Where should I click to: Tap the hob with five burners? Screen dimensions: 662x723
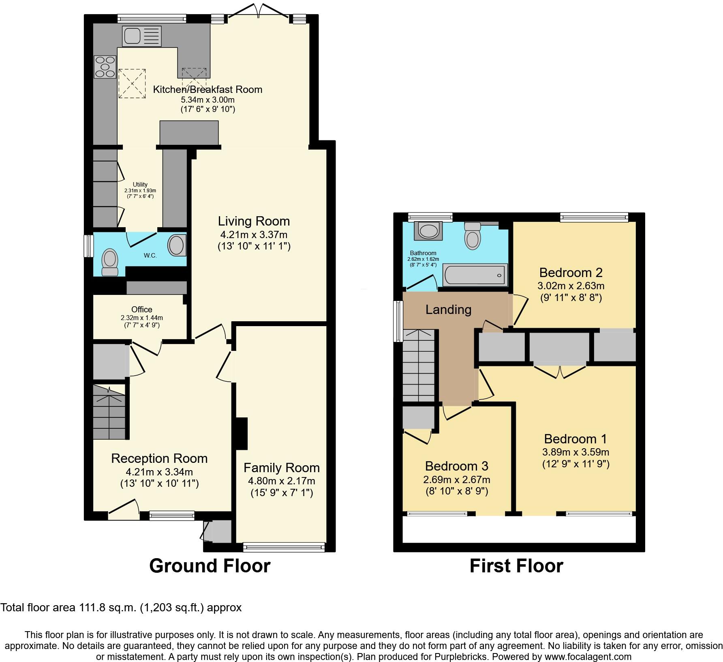click(105, 67)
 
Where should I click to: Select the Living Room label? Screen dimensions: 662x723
click(254, 221)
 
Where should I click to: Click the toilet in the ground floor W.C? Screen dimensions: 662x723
click(109, 263)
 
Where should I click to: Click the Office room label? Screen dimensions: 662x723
click(141, 310)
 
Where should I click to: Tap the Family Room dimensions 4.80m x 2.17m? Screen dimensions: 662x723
click(281, 481)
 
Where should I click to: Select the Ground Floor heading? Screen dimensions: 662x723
click(210, 566)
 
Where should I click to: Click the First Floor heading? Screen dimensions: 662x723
click(516, 566)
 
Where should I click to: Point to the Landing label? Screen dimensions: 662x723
click(448, 310)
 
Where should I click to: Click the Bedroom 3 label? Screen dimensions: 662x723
click(456, 466)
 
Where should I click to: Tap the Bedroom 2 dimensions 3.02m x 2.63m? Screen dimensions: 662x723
click(571, 286)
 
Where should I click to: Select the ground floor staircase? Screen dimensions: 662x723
click(109, 412)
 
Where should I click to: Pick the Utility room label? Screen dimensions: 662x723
click(140, 185)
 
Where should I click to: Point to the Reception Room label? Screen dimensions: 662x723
click(159, 458)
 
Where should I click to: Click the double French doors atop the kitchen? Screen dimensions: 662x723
click(259, 10)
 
